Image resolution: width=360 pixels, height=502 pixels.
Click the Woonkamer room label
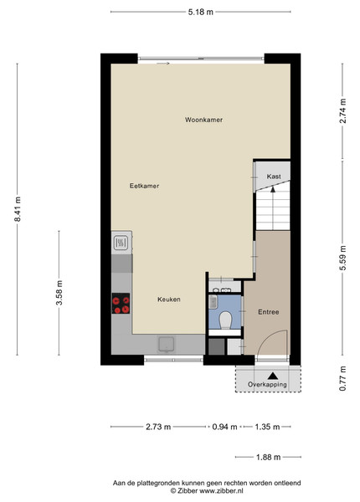(203, 120)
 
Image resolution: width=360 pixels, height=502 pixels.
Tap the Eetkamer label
(145, 186)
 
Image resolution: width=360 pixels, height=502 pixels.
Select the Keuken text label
(169, 300)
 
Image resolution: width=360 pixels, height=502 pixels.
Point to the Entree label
(269, 312)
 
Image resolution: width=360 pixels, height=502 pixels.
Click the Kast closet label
(274, 177)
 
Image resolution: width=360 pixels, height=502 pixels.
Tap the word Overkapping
(267, 385)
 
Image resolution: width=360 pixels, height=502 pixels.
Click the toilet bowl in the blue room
(225, 320)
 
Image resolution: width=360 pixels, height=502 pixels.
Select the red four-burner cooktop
(121, 303)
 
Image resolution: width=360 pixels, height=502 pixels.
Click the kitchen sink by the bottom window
(166, 345)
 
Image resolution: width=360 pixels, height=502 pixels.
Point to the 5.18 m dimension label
(200, 13)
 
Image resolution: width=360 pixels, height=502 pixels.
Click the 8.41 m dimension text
(18, 209)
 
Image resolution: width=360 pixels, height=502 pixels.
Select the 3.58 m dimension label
(59, 293)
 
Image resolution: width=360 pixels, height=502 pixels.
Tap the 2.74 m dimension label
(343, 110)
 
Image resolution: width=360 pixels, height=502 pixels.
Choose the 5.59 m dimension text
(343, 258)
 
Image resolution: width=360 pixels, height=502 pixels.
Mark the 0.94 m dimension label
(225, 427)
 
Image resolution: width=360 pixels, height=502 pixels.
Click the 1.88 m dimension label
(269, 457)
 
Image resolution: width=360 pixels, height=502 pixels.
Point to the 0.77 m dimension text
(342, 378)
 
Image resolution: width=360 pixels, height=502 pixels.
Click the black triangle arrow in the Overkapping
(273, 376)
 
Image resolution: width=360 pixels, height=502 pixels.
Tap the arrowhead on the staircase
(273, 189)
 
